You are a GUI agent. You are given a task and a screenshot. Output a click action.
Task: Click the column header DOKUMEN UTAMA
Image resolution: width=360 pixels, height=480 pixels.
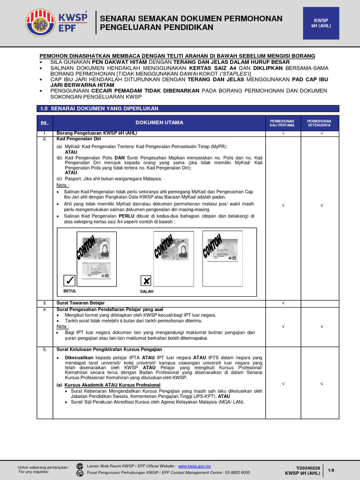[x=159, y=123]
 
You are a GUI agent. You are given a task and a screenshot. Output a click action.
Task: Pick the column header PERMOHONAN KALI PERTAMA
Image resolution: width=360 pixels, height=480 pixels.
[x=283, y=123]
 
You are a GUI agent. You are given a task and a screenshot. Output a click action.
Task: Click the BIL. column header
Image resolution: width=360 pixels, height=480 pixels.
[x=45, y=123]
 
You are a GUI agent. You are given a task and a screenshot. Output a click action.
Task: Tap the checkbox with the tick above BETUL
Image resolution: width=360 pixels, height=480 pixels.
[x=70, y=281]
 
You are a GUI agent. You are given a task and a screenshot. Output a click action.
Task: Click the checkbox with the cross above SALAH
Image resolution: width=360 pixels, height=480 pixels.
[x=146, y=281]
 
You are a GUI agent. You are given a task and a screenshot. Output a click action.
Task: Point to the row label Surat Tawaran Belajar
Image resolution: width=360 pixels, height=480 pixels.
[x=81, y=303]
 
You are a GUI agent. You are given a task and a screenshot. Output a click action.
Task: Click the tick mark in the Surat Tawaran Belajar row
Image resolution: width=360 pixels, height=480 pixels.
[x=283, y=303]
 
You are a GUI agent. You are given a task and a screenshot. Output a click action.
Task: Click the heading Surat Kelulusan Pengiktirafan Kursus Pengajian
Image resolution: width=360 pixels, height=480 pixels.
[x=109, y=349]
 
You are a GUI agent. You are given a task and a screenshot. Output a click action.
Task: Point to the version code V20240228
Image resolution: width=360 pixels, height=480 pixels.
[x=308, y=467]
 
